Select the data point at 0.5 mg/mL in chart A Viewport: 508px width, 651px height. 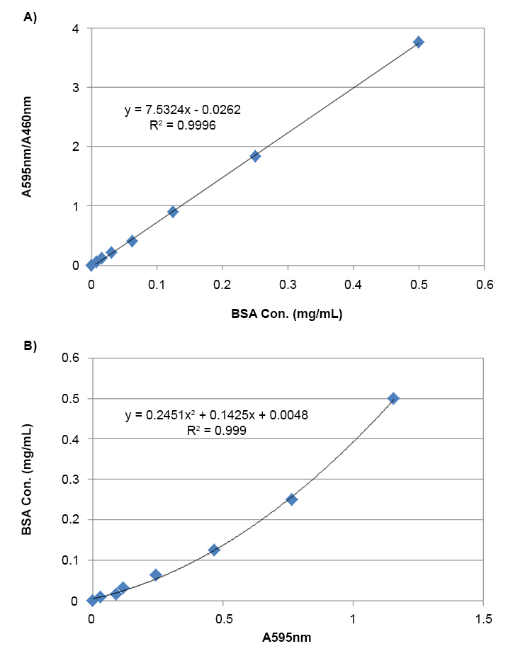419,43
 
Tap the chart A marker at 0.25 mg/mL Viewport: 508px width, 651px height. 255,156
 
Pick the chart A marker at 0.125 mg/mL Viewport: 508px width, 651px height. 173,212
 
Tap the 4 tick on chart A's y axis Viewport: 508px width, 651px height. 74,28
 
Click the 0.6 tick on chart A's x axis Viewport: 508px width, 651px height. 484,283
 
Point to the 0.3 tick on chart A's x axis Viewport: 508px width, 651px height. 288,283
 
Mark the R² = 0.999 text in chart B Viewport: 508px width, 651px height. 217,429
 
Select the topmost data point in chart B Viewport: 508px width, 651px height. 393,398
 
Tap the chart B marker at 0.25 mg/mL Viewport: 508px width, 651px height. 292,499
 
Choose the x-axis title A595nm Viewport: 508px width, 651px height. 287,636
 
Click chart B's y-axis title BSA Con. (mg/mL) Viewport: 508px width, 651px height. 28,480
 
